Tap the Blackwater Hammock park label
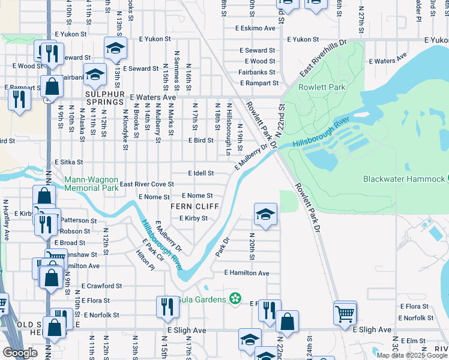pyautogui.click(x=403, y=179)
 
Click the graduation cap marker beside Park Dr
pyautogui.click(x=265, y=214)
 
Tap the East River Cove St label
pyautogui.click(x=147, y=184)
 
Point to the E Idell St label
pyautogui.click(x=200, y=173)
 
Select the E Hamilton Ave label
pyautogui.click(x=247, y=272)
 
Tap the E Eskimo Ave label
pyautogui.click(x=256, y=28)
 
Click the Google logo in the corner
pyautogui.click(x=20, y=353)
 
